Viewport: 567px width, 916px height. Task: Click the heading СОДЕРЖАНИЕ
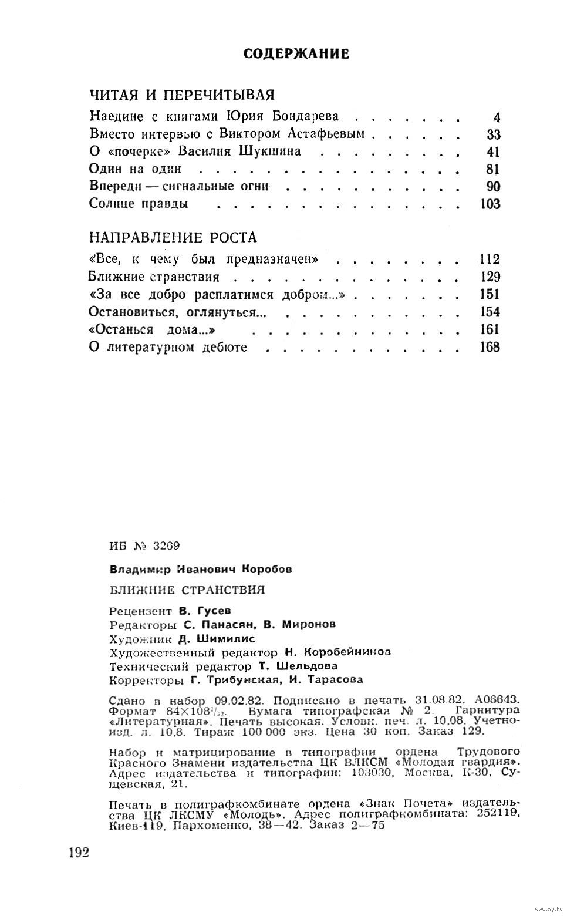point(296,54)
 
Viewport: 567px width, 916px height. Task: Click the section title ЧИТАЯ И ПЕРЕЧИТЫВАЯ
point(182,95)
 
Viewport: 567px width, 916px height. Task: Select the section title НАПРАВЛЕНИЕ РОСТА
point(173,238)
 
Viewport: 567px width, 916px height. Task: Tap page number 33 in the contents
point(493,134)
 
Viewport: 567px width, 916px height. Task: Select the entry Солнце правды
point(139,204)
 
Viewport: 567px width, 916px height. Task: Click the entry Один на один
point(135,169)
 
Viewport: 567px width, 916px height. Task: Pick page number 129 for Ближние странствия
point(490,277)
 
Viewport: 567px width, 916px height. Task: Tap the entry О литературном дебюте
point(168,348)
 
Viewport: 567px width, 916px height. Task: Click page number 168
point(490,348)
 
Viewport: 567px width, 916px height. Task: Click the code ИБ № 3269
point(144,545)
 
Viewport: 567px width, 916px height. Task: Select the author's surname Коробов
point(266,569)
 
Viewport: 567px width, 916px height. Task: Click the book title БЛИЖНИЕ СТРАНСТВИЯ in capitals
point(187,590)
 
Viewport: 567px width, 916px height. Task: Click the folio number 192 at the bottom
point(78,853)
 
